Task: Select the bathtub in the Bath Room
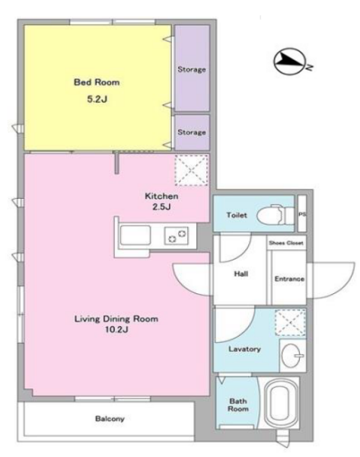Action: tap(280, 404)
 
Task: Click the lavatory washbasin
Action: tap(292, 355)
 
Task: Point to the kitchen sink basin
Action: tap(135, 235)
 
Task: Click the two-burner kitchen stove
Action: tap(177, 235)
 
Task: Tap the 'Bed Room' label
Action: tap(97, 82)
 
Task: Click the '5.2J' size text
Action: tap(97, 99)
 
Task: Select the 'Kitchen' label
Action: tap(161, 197)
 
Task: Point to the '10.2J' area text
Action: tap(116, 330)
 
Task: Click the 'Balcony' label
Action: tap(110, 419)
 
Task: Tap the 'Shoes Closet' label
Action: tap(286, 243)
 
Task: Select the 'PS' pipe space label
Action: tap(302, 214)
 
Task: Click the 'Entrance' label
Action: tap(289, 279)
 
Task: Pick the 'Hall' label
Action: tap(241, 273)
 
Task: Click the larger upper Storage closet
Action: tap(192, 68)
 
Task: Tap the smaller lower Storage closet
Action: tap(192, 133)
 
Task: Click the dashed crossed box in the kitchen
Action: tap(191, 170)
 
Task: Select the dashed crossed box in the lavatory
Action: tap(291, 322)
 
